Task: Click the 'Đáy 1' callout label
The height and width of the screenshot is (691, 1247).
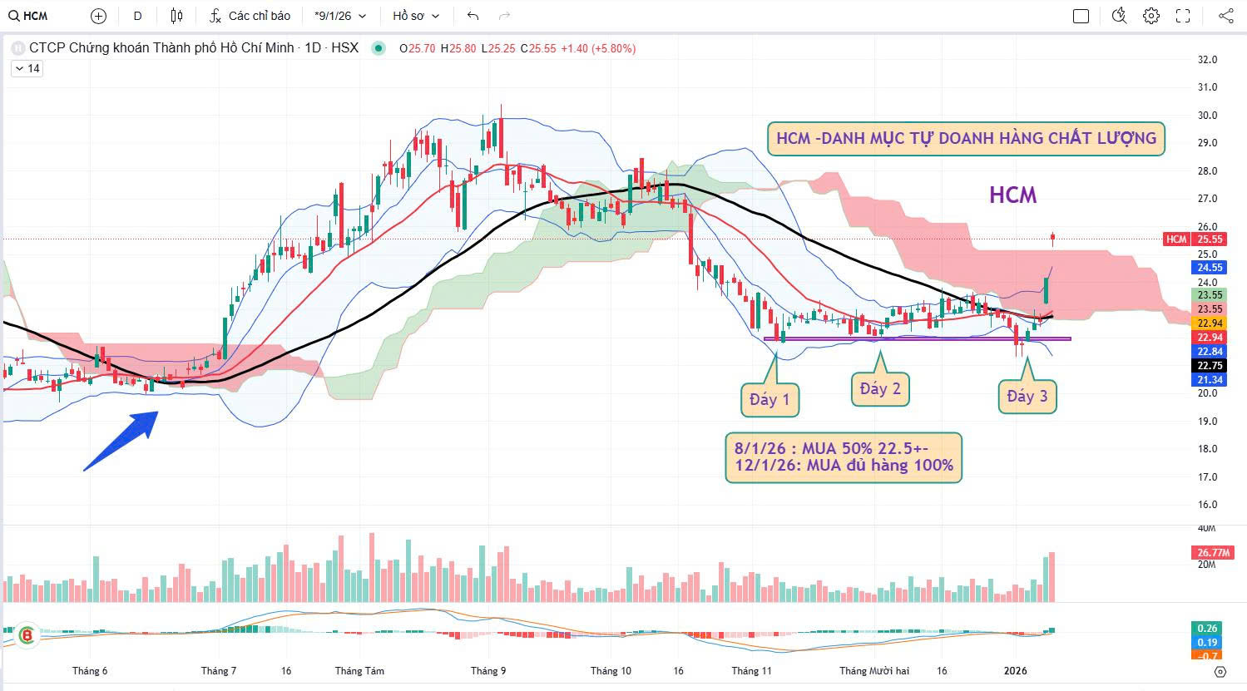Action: tap(769, 400)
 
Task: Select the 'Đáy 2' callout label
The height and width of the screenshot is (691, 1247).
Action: tap(880, 389)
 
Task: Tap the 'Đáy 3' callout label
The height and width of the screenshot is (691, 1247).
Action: tap(1027, 397)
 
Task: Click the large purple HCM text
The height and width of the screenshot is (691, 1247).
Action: tap(1012, 195)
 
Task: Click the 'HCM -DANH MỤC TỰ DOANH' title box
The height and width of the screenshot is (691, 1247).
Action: tap(966, 138)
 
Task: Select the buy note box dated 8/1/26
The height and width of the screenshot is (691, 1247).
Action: tap(844, 457)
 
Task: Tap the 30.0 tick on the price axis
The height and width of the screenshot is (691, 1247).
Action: tap(1207, 116)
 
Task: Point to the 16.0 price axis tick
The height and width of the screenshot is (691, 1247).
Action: tap(1207, 505)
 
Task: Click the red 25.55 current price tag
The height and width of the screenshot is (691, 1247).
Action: tap(1209, 239)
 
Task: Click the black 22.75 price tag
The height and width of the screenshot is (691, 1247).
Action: tap(1209, 366)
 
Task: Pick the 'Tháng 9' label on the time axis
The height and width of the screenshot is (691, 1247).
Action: tap(488, 671)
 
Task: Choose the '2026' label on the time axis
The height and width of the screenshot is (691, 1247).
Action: tap(1016, 671)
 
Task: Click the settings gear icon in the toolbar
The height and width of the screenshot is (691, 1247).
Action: tap(1151, 16)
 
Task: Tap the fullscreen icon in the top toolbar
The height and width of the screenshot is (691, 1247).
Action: tap(1183, 16)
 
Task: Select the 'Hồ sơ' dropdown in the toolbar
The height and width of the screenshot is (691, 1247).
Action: tap(416, 16)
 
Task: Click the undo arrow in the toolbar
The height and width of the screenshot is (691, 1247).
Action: tap(473, 16)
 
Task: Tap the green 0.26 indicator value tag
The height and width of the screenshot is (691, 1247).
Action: tap(1208, 629)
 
